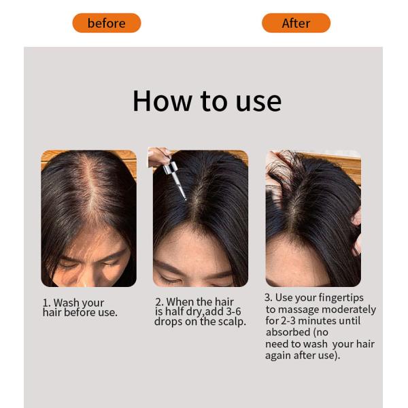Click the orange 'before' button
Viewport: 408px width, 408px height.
click(x=107, y=23)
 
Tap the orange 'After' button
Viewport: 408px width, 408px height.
click(x=296, y=23)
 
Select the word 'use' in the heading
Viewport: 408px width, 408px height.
click(x=258, y=101)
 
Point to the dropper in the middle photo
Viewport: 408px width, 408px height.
click(x=175, y=179)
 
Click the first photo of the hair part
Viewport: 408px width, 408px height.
click(x=88, y=218)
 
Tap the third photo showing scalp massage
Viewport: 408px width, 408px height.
click(x=313, y=218)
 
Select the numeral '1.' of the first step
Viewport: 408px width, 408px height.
click(x=47, y=303)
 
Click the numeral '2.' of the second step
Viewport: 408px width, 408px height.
click(x=159, y=302)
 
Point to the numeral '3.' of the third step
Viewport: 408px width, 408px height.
click(x=269, y=298)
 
